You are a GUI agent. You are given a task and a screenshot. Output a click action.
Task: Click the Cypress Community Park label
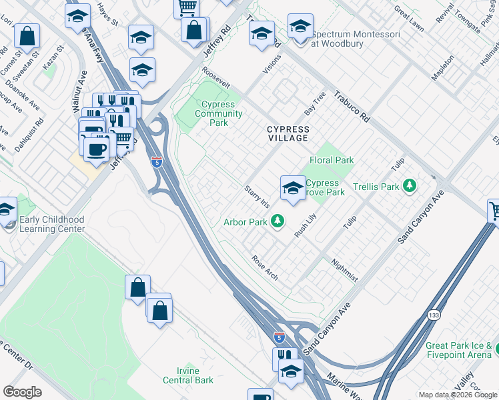(218, 113)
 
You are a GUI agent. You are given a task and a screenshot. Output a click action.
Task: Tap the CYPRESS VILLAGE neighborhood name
(288, 133)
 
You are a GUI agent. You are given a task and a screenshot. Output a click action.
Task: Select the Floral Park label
(332, 160)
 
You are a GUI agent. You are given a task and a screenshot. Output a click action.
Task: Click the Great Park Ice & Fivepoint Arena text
(461, 350)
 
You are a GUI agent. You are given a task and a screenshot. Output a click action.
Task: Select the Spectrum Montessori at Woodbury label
(356, 39)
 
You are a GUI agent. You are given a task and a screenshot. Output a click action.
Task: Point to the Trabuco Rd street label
(352, 107)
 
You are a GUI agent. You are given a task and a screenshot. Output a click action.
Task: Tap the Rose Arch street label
(264, 267)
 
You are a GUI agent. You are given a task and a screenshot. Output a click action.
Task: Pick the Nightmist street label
(344, 271)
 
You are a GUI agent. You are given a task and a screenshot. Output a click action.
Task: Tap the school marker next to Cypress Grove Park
(292, 189)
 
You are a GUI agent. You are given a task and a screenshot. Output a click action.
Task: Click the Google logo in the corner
(22, 392)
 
